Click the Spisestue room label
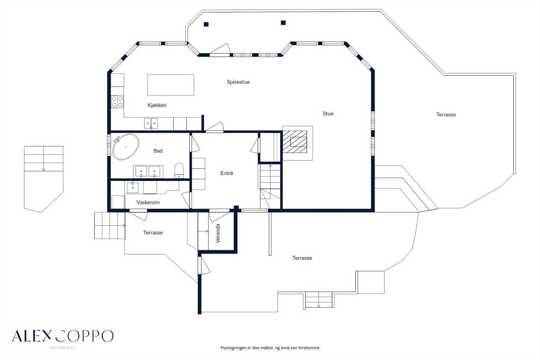point(238,82)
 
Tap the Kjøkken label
point(157,105)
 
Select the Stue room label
point(328,114)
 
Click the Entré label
point(226,173)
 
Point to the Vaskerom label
point(148,203)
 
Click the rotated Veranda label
point(218,233)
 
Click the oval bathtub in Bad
point(126,147)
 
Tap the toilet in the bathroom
point(179,170)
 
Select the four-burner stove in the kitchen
point(117,102)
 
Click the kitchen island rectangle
point(171,85)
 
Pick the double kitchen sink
point(151,123)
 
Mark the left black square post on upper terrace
point(206,24)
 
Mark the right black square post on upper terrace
point(283,23)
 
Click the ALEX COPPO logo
point(63,336)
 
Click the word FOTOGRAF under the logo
point(62,348)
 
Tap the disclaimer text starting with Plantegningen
point(270,348)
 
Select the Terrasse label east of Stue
point(446,115)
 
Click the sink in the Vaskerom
point(133,187)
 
